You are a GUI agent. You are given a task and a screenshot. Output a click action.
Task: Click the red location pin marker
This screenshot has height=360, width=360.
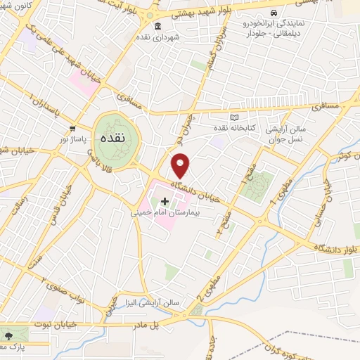[181, 166]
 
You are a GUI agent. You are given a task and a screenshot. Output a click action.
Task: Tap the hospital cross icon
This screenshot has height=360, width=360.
[165, 202]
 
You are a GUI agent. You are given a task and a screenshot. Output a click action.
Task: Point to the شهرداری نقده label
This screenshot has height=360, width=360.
[176, 37]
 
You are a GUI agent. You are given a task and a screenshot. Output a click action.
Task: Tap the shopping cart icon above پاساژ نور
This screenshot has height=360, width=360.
[73, 129]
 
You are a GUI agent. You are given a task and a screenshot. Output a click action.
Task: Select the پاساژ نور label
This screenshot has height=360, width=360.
[72, 139]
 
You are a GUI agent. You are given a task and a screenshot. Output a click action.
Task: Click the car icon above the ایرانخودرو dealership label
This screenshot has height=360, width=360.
[273, 13]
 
